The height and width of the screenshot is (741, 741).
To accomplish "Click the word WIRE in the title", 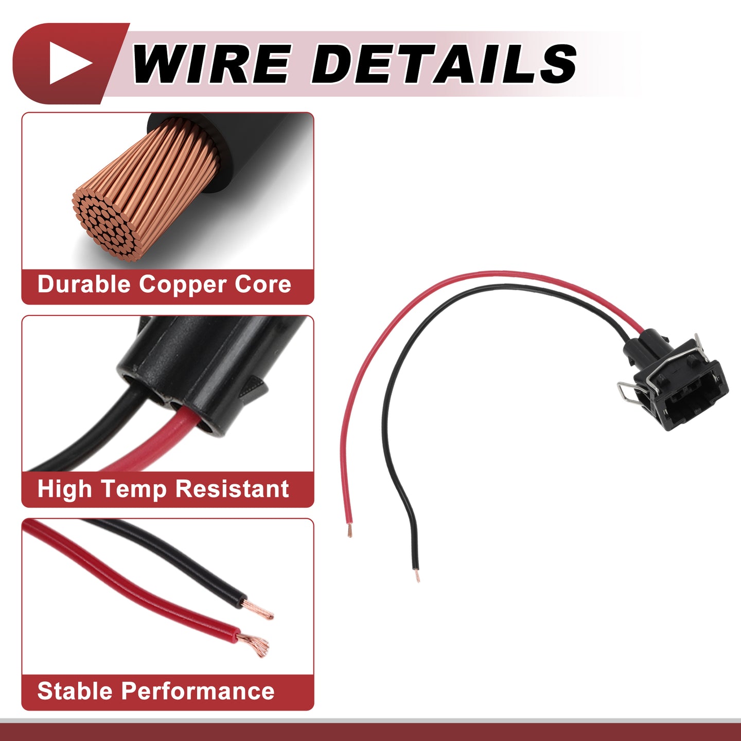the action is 211,63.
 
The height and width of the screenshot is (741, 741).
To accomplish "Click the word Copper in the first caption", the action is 183,285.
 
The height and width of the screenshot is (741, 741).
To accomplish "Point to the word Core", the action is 263,285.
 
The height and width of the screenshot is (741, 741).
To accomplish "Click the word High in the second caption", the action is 65,489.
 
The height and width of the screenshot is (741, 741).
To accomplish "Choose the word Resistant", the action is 232,489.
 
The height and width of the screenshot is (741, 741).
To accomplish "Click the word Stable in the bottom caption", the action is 75,691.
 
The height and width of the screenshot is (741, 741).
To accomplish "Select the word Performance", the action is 198,691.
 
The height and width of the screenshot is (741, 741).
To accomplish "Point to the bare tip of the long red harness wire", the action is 349,531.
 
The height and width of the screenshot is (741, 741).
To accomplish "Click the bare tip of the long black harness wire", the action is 417,576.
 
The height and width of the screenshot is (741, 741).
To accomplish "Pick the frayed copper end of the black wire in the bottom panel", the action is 258,610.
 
